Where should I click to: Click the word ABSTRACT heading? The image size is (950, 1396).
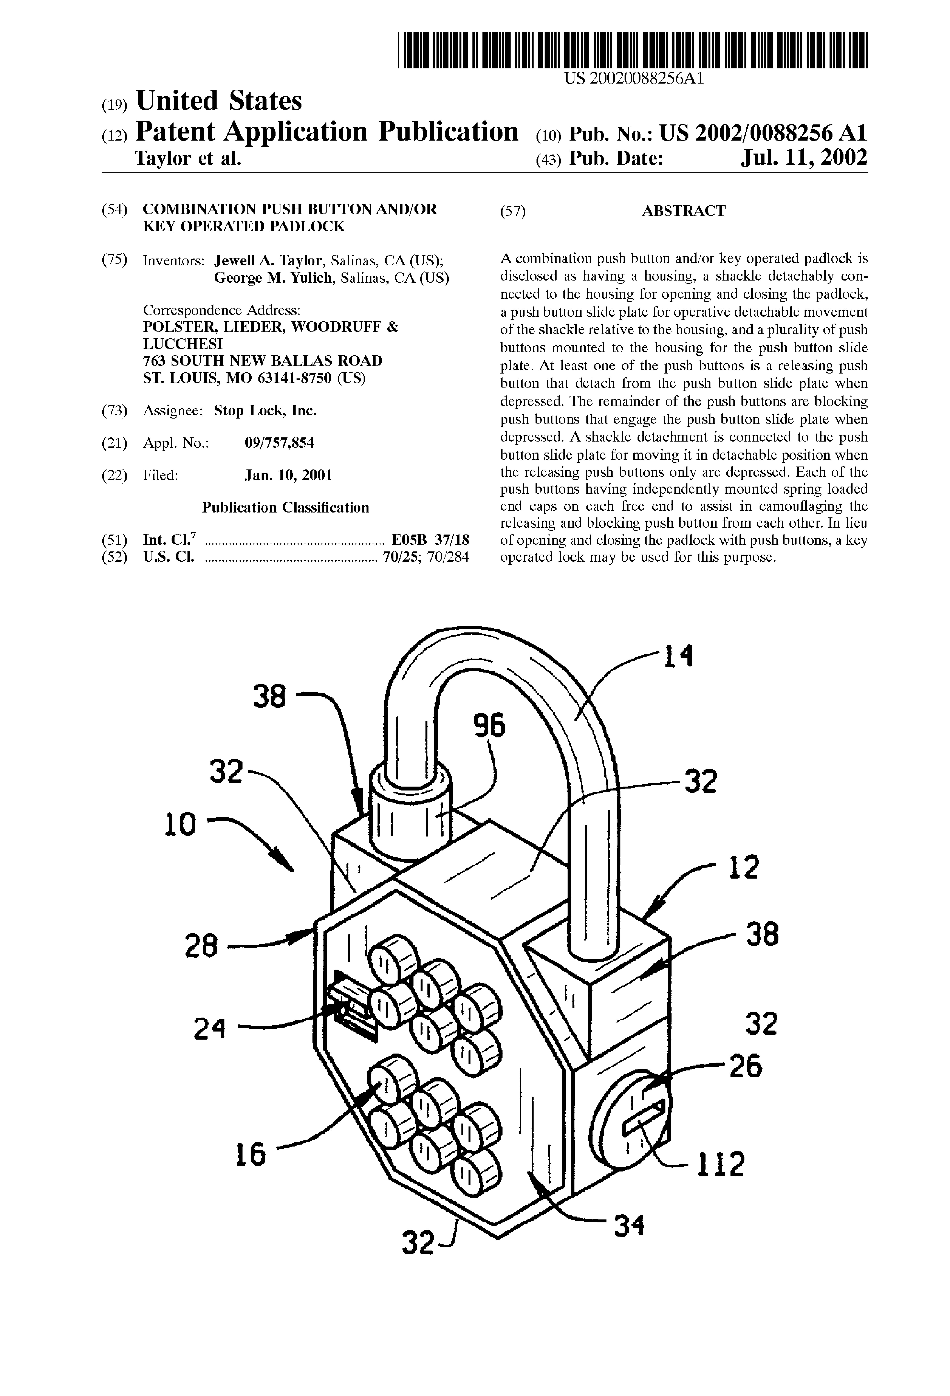tap(683, 211)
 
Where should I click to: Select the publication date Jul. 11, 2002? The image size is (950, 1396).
tap(804, 157)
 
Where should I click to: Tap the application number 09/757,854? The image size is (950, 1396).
tap(279, 443)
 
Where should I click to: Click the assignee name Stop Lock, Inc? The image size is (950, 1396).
tap(266, 411)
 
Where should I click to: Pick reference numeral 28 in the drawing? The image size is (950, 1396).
tap(201, 947)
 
